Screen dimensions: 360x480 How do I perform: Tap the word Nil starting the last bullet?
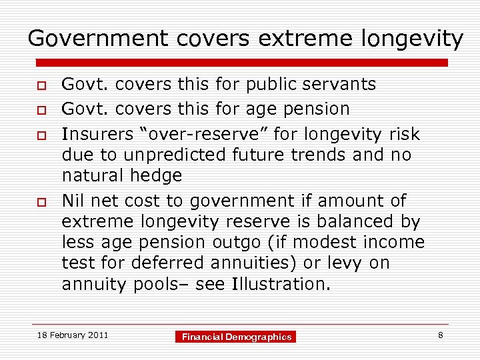coord(73,201)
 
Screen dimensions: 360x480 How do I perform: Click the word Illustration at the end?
coord(280,284)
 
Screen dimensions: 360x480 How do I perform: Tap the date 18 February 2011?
coord(73,335)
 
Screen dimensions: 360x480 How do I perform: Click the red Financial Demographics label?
coord(237,337)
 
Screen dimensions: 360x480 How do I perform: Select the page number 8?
coord(441,335)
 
